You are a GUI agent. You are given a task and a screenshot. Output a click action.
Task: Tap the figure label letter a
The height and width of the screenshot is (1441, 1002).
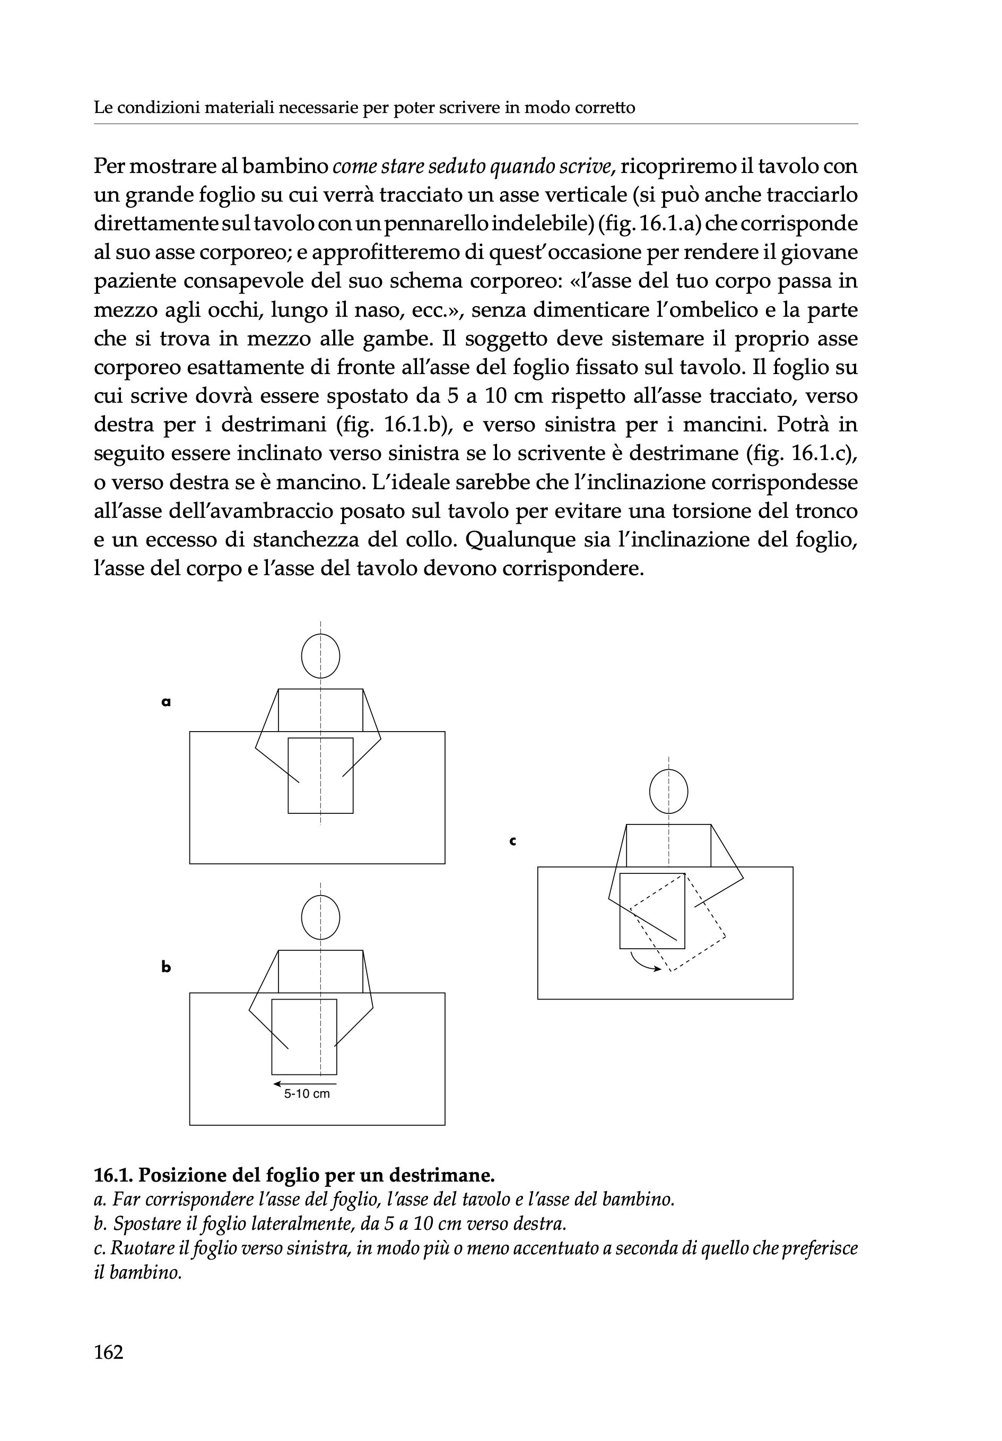(x=165, y=702)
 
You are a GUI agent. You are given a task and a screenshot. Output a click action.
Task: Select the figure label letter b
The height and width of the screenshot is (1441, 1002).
(x=165, y=967)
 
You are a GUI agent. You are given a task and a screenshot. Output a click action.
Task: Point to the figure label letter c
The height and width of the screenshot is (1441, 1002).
(x=512, y=841)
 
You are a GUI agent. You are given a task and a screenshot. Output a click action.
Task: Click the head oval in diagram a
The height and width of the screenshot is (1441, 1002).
(x=320, y=656)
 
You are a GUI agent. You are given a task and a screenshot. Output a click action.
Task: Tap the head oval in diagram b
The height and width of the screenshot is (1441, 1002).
(x=320, y=917)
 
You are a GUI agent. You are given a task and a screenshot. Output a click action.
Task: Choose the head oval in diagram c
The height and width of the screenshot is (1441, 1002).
(x=668, y=792)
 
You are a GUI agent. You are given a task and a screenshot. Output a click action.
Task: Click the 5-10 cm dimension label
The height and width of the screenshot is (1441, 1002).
(x=307, y=1094)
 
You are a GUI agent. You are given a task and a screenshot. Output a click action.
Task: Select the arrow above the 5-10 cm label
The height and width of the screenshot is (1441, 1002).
(x=305, y=1083)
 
